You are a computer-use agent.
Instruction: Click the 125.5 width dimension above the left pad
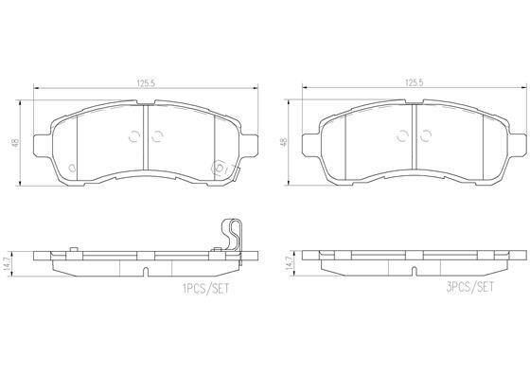(x=146, y=83)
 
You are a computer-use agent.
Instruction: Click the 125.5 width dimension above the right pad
(x=415, y=82)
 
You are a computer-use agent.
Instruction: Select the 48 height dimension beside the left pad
(x=15, y=143)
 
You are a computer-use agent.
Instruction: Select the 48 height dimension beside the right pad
(x=284, y=142)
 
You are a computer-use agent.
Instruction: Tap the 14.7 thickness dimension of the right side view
(x=290, y=262)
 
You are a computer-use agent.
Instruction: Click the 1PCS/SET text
(x=205, y=289)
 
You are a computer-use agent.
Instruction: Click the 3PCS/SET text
(x=469, y=287)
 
